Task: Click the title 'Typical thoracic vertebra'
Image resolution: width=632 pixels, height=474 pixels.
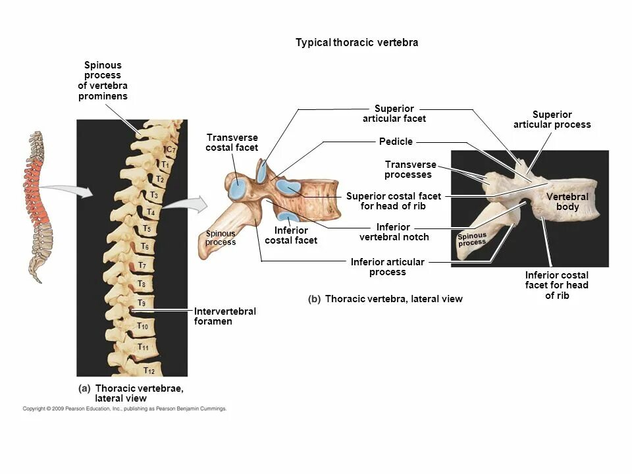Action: (x=357, y=43)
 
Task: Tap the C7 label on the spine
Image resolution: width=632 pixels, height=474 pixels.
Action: (x=170, y=150)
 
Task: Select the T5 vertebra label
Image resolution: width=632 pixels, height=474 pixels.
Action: (x=147, y=228)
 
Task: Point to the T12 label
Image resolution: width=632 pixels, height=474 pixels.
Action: (x=149, y=371)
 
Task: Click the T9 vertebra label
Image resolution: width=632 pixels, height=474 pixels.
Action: (x=142, y=303)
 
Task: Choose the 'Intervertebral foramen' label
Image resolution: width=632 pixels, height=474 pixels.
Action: (x=224, y=316)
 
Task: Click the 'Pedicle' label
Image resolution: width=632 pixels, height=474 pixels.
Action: (x=396, y=142)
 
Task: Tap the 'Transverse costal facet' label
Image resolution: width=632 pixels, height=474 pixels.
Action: (x=232, y=142)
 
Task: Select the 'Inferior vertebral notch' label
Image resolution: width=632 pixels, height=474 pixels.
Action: (x=394, y=232)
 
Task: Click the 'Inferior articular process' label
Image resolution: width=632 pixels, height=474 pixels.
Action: (x=387, y=267)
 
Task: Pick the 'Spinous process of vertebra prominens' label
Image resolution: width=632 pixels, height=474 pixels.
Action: (x=103, y=80)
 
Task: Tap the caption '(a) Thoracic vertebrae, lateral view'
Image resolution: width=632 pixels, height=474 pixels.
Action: (x=131, y=393)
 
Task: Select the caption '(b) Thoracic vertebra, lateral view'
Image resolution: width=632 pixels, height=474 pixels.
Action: (x=385, y=299)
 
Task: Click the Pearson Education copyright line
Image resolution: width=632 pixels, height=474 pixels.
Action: (x=124, y=409)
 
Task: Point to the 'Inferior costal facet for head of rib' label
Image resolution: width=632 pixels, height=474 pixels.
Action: (x=556, y=285)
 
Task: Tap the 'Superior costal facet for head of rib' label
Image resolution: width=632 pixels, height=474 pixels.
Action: (x=393, y=201)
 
